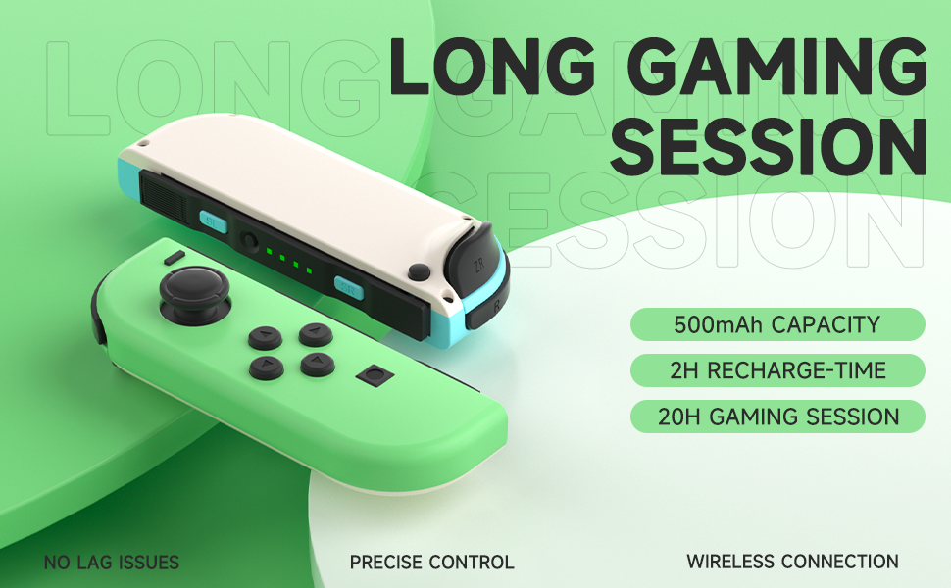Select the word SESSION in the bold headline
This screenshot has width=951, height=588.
click(775, 147)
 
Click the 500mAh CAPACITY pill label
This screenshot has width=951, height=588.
click(776, 324)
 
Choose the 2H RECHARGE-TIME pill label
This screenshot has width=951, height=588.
click(776, 370)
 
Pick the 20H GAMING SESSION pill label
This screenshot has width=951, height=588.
click(776, 416)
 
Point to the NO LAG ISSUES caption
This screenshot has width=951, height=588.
click(112, 563)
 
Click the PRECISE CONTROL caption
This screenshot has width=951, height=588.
click(431, 563)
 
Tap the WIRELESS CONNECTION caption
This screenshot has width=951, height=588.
click(792, 562)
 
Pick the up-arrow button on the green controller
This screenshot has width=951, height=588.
click(315, 335)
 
